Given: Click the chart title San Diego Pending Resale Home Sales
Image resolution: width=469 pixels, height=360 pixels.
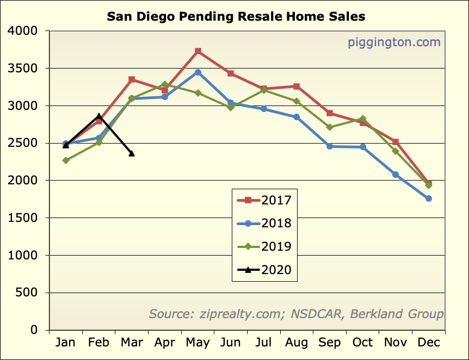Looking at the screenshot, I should (236, 17).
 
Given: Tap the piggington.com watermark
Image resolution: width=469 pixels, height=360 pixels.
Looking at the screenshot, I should (394, 42).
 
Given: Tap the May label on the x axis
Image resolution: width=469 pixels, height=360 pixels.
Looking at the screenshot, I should (198, 342).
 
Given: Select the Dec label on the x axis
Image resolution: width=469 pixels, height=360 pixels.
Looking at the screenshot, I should (429, 342).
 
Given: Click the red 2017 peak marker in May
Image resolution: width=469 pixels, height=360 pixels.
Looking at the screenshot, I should (198, 51).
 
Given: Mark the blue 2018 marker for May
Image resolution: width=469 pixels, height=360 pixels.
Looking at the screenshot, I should (198, 72).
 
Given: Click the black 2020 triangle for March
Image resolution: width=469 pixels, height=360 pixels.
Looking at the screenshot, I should (132, 153).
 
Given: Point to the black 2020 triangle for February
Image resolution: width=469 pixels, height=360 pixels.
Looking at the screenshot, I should (98, 116).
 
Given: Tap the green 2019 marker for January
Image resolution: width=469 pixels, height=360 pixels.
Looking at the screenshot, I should (66, 160).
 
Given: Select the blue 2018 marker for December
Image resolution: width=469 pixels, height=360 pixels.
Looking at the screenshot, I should (429, 198).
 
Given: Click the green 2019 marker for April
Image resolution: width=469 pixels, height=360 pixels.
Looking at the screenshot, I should (165, 84).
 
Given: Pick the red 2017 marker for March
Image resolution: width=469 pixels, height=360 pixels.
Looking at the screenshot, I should (132, 79).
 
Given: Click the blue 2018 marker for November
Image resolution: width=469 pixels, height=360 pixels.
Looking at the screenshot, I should (396, 175).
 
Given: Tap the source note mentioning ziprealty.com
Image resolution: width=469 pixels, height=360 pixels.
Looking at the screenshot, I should (296, 314).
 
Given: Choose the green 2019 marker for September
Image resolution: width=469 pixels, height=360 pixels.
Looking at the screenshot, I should (330, 127).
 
